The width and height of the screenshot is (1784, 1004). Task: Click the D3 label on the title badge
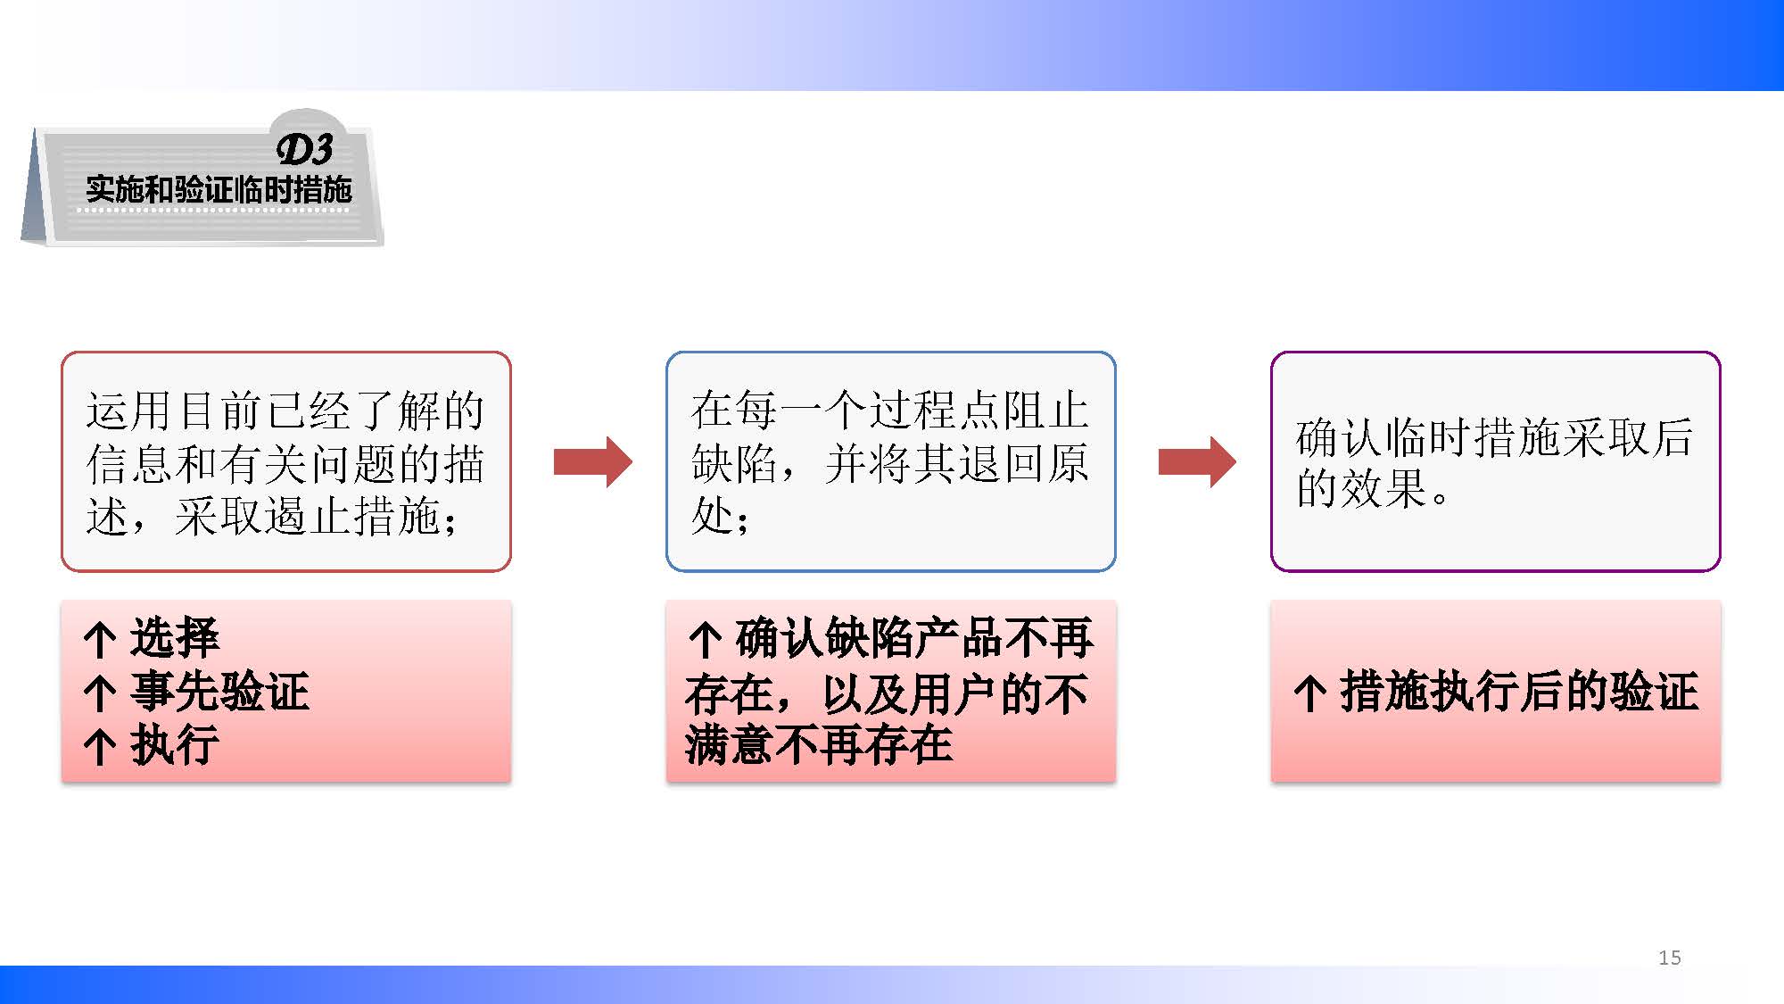(x=305, y=149)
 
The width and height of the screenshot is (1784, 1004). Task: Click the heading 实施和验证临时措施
(x=219, y=189)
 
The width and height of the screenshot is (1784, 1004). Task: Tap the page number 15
(x=1670, y=958)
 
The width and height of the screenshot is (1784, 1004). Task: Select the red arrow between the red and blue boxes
(x=593, y=461)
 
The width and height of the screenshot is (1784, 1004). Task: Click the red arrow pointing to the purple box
(x=1197, y=461)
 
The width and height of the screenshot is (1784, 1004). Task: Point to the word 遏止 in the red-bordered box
(x=309, y=516)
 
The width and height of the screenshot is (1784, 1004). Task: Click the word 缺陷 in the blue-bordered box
(x=734, y=463)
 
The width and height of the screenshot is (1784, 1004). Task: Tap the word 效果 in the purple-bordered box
(x=1384, y=488)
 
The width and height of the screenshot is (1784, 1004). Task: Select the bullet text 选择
(x=175, y=638)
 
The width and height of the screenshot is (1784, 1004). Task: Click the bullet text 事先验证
(x=219, y=692)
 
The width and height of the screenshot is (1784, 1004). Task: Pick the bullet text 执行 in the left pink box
(x=175, y=745)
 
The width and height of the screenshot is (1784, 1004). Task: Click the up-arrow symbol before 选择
(x=99, y=640)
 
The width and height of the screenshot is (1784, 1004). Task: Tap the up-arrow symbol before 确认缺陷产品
(x=705, y=640)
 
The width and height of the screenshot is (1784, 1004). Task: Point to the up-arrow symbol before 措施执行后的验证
(x=1309, y=693)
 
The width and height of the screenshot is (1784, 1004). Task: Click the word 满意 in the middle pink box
(x=730, y=745)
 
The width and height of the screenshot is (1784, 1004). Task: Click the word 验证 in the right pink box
(x=1655, y=692)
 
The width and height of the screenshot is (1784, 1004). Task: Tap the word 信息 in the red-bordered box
(x=130, y=463)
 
